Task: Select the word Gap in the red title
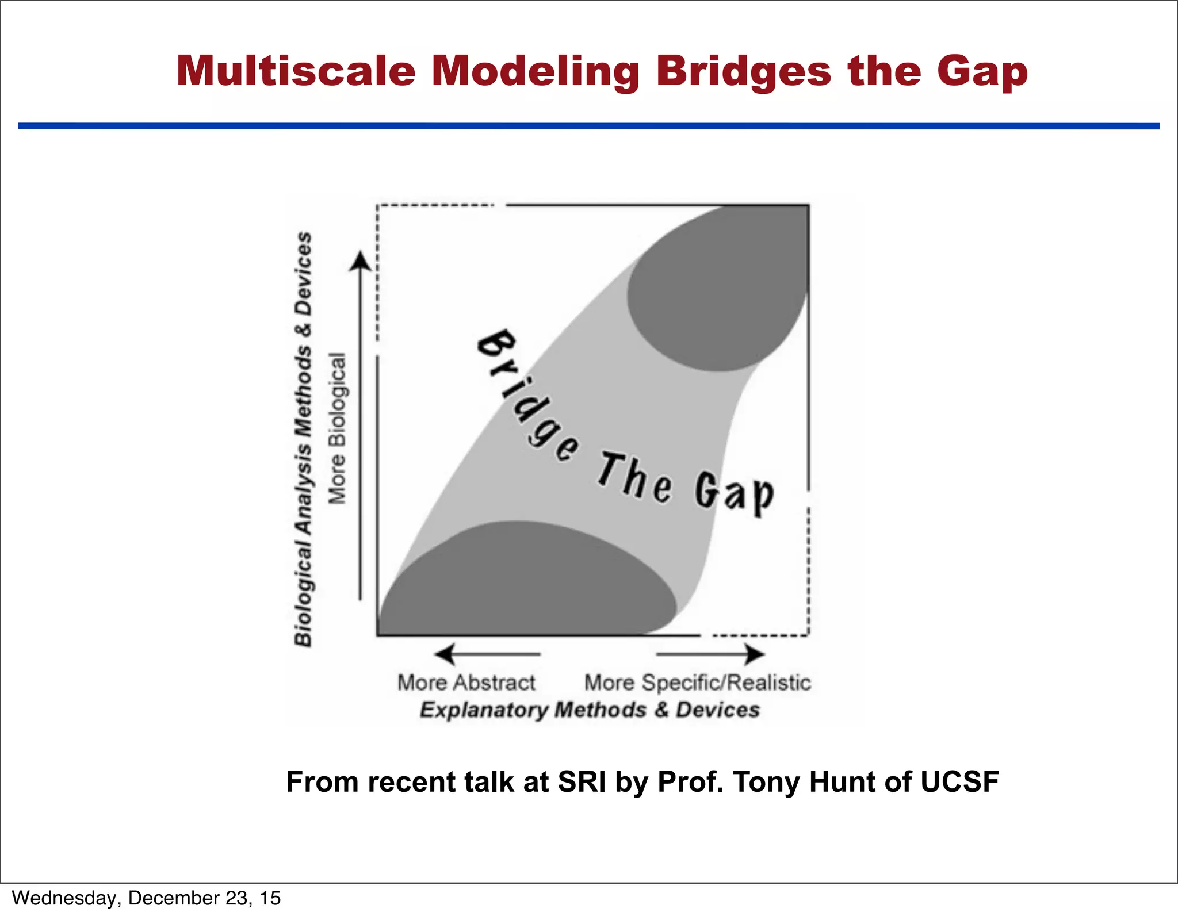pos(982,72)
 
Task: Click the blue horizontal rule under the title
pos(588,126)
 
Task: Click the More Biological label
pos(338,428)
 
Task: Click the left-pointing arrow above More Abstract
pos(445,654)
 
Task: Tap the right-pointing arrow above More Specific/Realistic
pos(753,654)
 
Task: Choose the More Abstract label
pos(466,683)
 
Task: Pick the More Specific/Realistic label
pos(697,683)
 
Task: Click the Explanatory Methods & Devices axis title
pos(590,710)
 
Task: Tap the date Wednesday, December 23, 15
pos(146,898)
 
